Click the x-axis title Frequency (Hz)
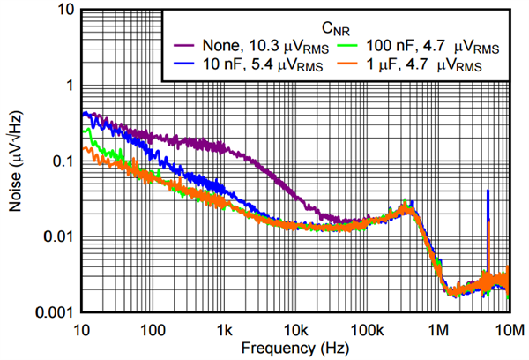[294, 349]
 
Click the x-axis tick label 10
[81, 329]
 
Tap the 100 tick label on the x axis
[153, 329]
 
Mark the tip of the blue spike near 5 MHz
[487, 190]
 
